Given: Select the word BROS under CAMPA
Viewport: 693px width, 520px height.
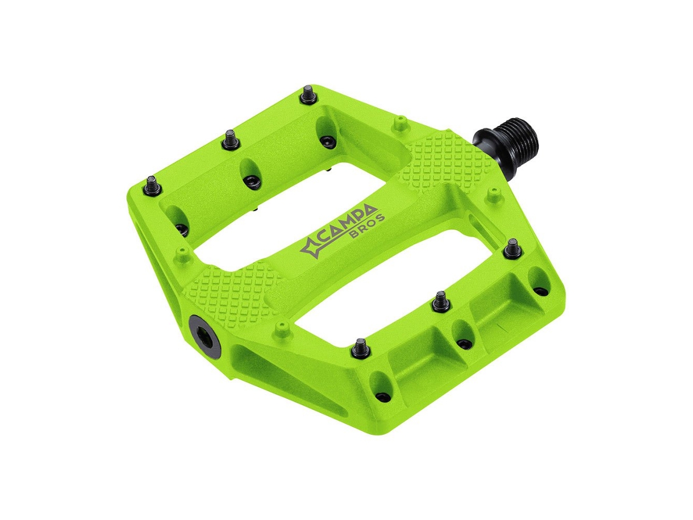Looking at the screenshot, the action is coord(367,226).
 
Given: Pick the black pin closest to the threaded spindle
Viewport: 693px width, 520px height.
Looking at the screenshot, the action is coord(513,248).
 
